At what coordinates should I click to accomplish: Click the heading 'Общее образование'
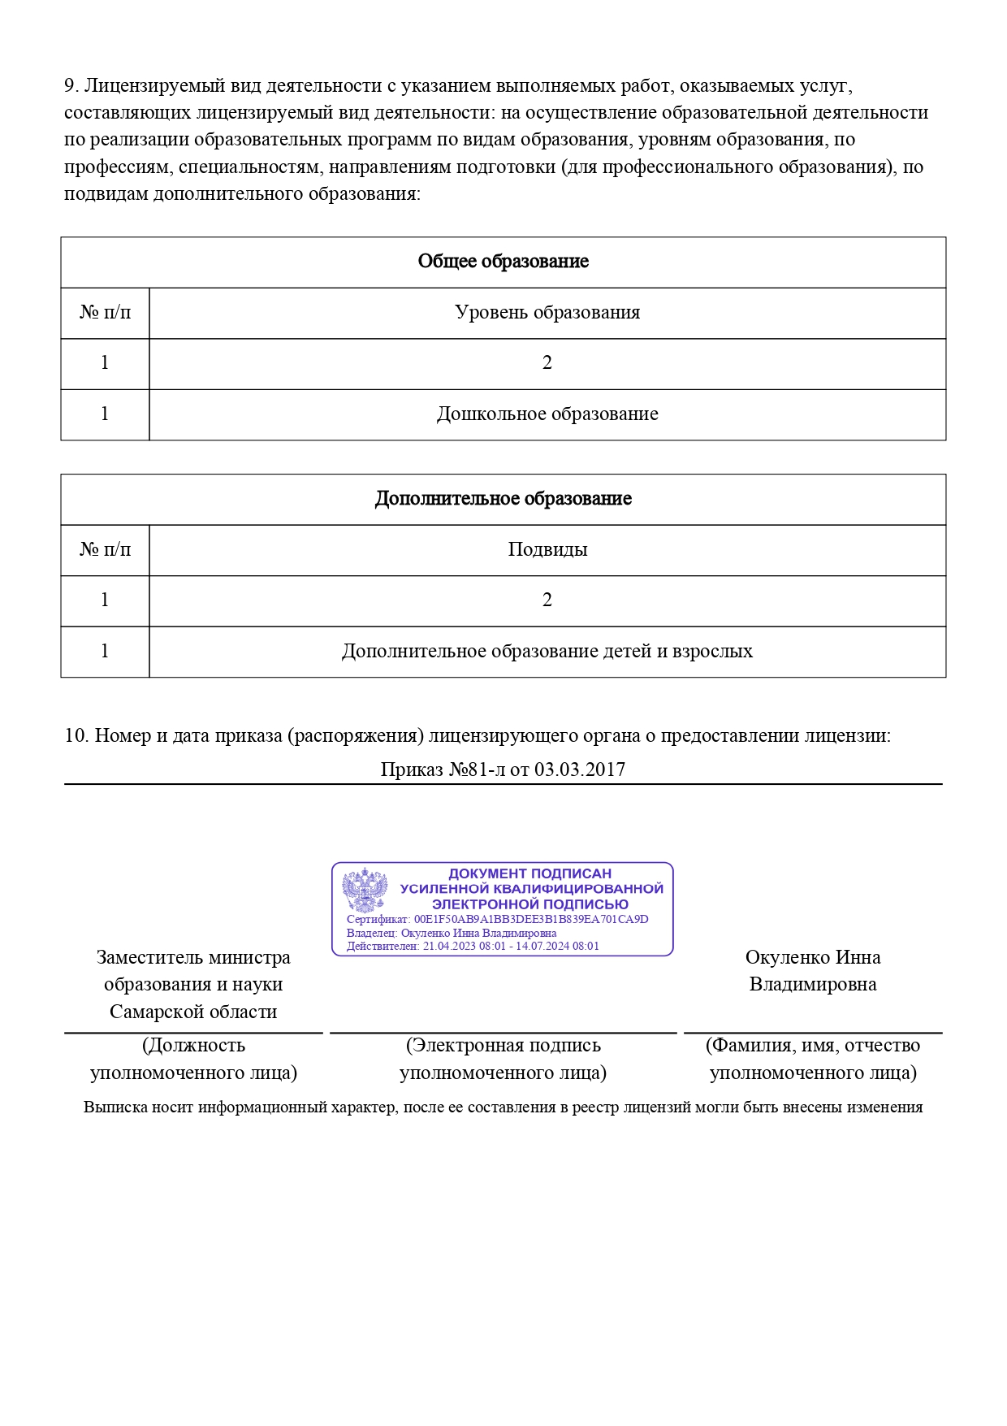[503, 262]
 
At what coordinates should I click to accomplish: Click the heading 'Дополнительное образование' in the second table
[503, 499]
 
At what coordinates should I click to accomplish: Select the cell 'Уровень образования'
[547, 313]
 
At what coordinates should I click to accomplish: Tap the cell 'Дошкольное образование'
[547, 414]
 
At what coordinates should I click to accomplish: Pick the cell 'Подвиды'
[547, 550]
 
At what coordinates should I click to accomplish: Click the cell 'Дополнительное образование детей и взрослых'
[547, 652]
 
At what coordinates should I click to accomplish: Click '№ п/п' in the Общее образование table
[105, 313]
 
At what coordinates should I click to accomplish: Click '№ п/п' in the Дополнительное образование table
[105, 550]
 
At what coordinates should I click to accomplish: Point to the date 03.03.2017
[580, 769]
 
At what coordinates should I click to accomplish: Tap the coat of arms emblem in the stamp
[364, 890]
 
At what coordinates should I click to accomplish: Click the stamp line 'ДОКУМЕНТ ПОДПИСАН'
[529, 873]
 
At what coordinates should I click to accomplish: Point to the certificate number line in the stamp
[497, 920]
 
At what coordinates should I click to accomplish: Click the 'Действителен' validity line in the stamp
[473, 946]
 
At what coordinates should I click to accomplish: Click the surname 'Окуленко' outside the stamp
[787, 958]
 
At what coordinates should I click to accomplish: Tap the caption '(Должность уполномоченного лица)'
[193, 1059]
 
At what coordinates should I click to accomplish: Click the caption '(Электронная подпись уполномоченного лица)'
[503, 1059]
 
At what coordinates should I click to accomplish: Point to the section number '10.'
[76, 736]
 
